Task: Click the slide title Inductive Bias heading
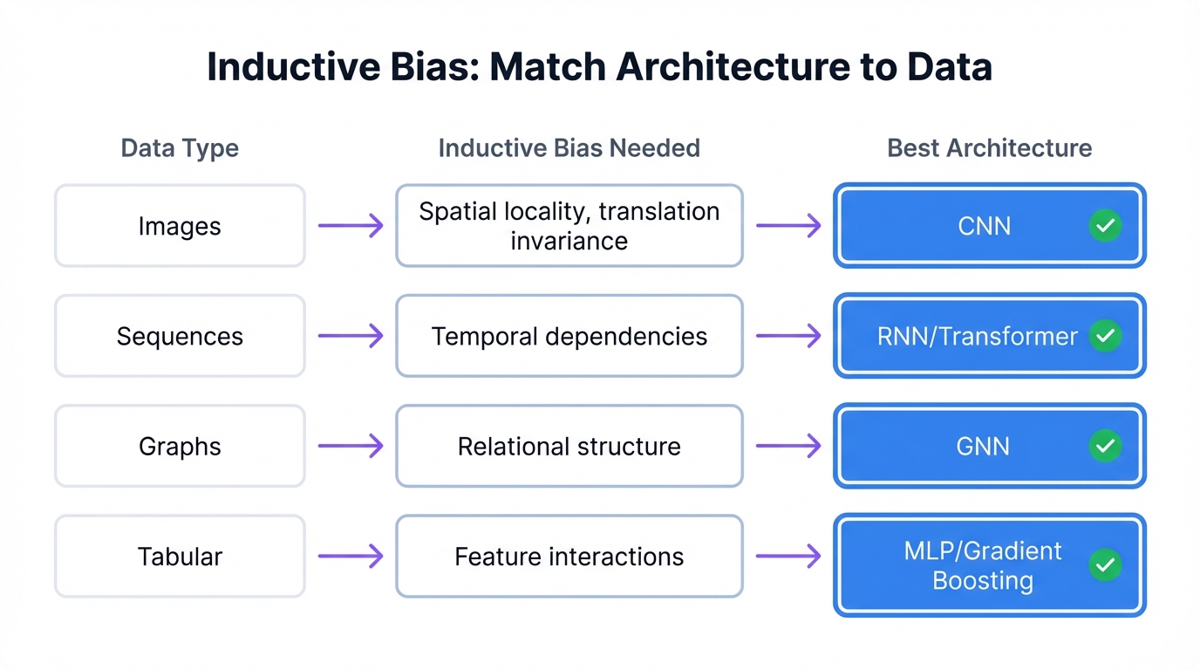[599, 67]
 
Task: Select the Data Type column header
[180, 148]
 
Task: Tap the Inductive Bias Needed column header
[569, 148]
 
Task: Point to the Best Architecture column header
[989, 148]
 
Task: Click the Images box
[180, 226]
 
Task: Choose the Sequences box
[180, 336]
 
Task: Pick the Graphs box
[180, 446]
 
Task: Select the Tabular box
[180, 557]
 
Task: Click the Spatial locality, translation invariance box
[569, 226]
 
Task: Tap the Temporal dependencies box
[569, 336]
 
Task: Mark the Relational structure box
[569, 446]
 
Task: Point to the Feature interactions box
[569, 557]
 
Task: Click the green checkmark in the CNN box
[1105, 226]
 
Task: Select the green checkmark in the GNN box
[1105, 446]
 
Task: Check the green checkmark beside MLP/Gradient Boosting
[1105, 565]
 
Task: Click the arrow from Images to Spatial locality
[351, 226]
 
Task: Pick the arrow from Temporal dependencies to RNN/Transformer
[788, 336]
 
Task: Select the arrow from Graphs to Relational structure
[351, 446]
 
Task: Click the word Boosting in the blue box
[982, 581]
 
